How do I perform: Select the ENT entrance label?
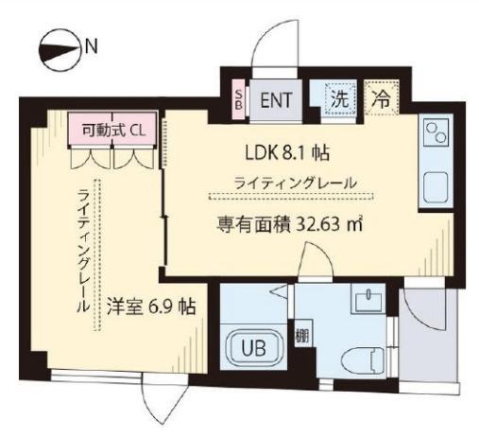276,97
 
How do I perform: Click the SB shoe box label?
239,97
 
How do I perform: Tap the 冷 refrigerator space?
382,96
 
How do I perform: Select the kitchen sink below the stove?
437,186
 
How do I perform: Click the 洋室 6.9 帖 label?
151,306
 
